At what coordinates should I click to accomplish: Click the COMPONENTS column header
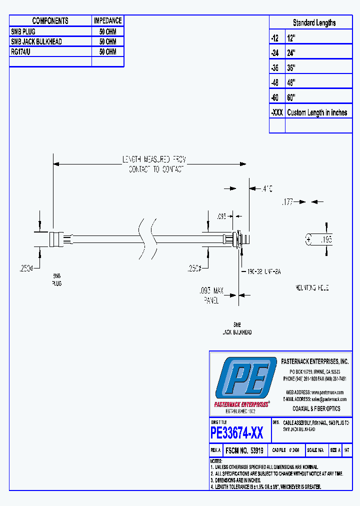click(x=50, y=21)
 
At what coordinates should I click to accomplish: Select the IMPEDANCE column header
click(x=107, y=21)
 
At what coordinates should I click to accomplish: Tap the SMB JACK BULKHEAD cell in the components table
click(x=36, y=41)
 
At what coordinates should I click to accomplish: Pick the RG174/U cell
click(x=22, y=51)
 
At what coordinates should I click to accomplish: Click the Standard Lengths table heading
click(x=314, y=23)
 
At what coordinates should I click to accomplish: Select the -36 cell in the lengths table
click(x=276, y=67)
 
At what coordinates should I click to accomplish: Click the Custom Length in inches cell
click(x=317, y=112)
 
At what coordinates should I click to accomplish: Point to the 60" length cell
click(x=292, y=97)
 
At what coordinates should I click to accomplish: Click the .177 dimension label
click(x=287, y=202)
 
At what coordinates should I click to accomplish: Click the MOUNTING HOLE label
click(x=312, y=289)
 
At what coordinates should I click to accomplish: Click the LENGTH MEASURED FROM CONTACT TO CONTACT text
click(x=154, y=164)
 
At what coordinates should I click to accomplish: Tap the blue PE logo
click(x=245, y=378)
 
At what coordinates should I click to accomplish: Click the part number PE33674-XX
click(x=237, y=432)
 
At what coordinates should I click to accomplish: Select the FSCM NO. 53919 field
click(x=244, y=450)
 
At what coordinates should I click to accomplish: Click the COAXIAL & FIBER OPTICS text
click(x=316, y=408)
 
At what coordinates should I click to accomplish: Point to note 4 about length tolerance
click(x=266, y=487)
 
